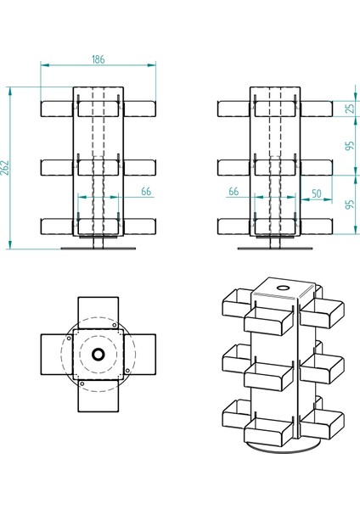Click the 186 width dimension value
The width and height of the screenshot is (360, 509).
[98, 59]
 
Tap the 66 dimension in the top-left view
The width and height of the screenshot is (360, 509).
[146, 193]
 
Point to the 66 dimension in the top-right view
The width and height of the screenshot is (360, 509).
[233, 193]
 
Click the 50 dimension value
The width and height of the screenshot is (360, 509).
[316, 193]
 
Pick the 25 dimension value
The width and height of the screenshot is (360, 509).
[349, 109]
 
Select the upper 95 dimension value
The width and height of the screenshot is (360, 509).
[349, 147]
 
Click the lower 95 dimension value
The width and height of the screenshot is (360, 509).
[349, 205]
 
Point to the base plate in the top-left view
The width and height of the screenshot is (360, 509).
[98, 249]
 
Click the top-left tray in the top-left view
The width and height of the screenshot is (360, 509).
[58, 109]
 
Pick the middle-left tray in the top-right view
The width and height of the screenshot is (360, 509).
[234, 167]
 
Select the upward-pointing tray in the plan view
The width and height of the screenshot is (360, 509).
[98, 311]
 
